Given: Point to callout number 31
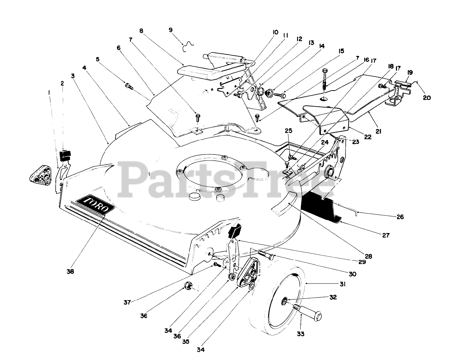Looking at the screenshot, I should click(x=343, y=284).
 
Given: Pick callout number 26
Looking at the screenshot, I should click(x=400, y=217).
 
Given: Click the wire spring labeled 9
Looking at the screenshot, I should click(x=188, y=46).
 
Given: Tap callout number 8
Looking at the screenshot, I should click(x=141, y=31).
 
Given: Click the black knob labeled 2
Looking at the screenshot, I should click(x=65, y=155).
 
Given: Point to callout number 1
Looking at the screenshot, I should click(x=49, y=92).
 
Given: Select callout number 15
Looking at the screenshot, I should click(x=341, y=51).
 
